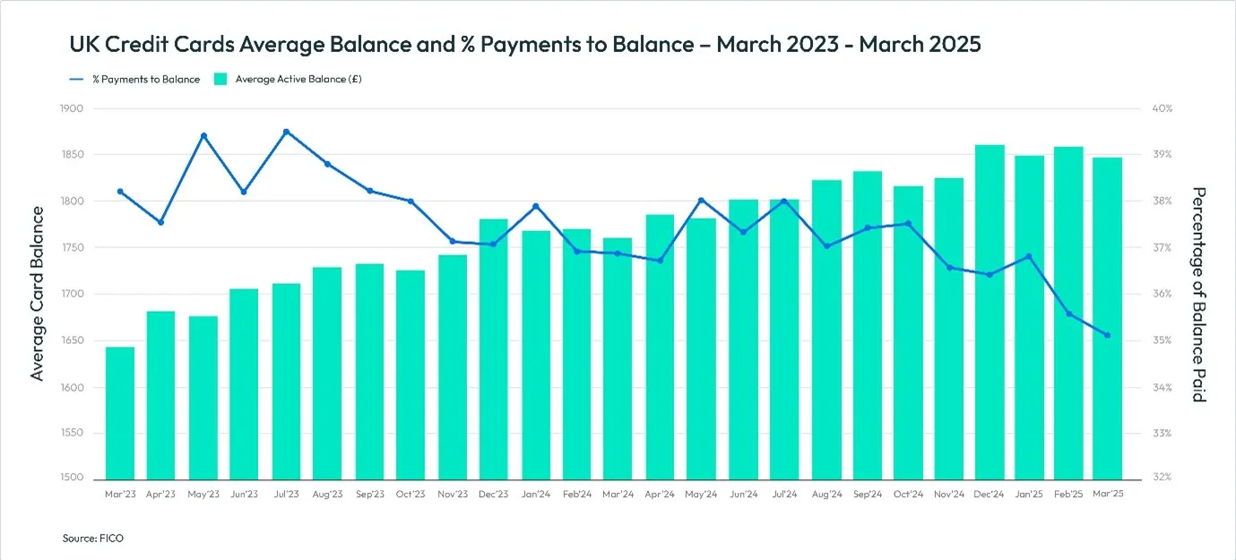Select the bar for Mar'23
(120, 412)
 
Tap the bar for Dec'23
(494, 349)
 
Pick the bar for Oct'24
(908, 332)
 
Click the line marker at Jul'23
(286, 132)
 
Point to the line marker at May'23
(203, 136)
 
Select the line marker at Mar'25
(1107, 335)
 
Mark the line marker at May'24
(701, 200)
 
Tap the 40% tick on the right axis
(1162, 108)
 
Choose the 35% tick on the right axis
(1162, 341)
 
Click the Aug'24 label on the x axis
(825, 494)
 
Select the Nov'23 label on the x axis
(453, 494)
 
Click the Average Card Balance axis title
(38, 293)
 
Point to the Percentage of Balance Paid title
(1199, 294)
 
